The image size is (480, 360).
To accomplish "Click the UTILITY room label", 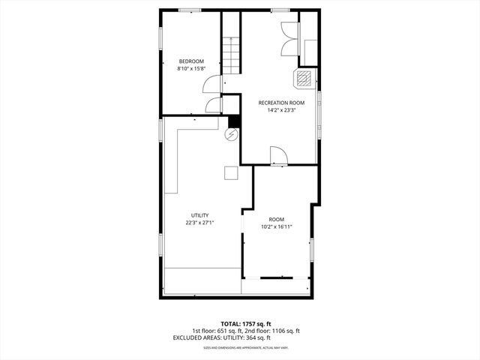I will click(x=199, y=215).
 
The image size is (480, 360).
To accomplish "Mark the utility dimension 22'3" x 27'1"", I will click(x=199, y=223).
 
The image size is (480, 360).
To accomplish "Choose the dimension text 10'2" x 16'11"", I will click(x=277, y=226).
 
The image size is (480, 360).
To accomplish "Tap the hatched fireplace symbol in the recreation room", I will click(x=304, y=78).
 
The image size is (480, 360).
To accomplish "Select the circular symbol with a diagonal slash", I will click(x=232, y=135).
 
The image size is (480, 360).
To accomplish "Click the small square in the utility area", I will click(x=231, y=172).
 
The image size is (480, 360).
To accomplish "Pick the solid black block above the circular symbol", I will click(x=233, y=121).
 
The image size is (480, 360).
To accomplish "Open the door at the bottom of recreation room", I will click(x=278, y=155).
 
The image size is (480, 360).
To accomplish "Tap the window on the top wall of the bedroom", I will click(x=189, y=10).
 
